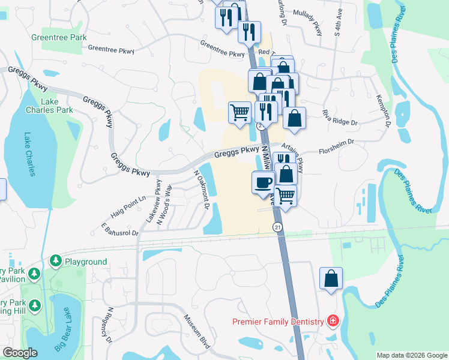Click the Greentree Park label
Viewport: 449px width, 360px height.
(x=59, y=37)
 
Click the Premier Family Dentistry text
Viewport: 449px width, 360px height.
(x=278, y=322)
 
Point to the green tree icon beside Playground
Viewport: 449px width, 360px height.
(x=56, y=262)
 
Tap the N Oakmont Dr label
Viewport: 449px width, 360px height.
(x=201, y=190)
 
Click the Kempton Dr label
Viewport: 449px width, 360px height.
(x=383, y=110)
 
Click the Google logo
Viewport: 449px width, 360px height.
(x=20, y=353)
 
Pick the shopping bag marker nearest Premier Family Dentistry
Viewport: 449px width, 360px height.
(x=331, y=279)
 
